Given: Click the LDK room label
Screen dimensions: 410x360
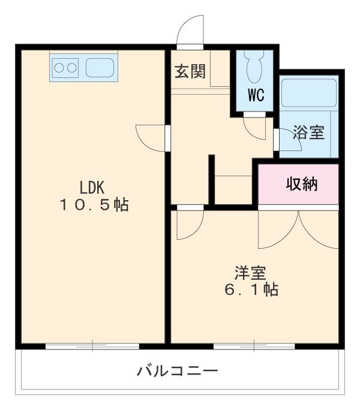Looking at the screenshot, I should pyautogui.click(x=94, y=185).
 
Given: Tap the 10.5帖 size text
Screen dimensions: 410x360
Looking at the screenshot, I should pyautogui.click(x=94, y=205).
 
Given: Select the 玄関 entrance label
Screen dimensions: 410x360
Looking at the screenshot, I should pyautogui.click(x=190, y=72).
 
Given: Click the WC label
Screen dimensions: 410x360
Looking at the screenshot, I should pyautogui.click(x=256, y=95).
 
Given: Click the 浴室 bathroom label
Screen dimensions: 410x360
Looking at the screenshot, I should pyautogui.click(x=308, y=133).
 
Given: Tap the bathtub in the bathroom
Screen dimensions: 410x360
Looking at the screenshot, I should pyautogui.click(x=308, y=93).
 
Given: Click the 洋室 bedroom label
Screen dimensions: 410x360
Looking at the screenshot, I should pyautogui.click(x=250, y=273).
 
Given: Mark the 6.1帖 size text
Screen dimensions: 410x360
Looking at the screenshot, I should pyautogui.click(x=250, y=290).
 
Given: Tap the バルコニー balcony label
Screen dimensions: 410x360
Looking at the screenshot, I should pyautogui.click(x=177, y=370).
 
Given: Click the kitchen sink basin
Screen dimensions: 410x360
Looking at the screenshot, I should pyautogui.click(x=100, y=67).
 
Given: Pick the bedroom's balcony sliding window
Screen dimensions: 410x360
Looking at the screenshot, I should pyautogui.click(x=254, y=346).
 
